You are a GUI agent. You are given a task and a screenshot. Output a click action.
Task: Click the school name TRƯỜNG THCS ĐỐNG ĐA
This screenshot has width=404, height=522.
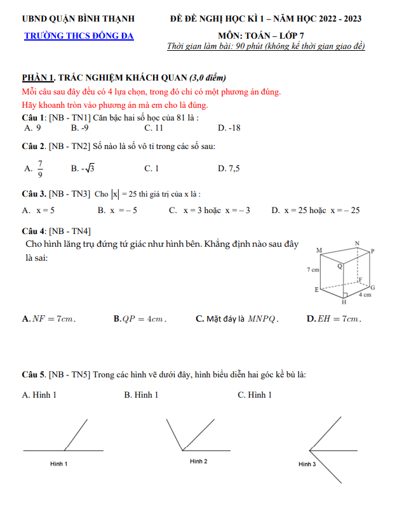[x=79, y=36]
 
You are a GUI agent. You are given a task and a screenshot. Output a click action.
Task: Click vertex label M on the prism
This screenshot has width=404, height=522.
[x=318, y=251]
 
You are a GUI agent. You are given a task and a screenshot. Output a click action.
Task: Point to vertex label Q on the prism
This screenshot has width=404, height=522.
[x=339, y=267]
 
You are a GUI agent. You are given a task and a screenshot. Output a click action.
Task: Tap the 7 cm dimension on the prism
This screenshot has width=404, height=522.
[x=313, y=270]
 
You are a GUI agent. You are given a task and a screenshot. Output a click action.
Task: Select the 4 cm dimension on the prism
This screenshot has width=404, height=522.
[x=365, y=295]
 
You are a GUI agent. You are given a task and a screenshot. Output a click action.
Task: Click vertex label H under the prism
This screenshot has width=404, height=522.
[x=344, y=303]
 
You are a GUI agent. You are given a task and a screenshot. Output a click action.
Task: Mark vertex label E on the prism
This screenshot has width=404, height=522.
[x=316, y=290]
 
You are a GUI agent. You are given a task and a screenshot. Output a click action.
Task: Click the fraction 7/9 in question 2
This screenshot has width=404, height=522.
[x=39, y=169]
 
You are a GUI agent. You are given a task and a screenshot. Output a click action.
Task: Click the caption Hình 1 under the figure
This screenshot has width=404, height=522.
[x=59, y=464]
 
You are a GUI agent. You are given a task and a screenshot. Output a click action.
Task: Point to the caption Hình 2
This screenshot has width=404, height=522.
[x=198, y=461]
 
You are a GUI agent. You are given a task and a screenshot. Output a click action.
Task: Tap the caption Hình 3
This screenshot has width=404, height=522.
[x=307, y=464]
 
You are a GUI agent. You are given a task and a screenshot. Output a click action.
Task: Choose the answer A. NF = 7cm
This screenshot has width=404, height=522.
[x=49, y=319]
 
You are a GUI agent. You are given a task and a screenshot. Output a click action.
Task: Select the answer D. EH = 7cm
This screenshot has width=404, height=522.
[x=334, y=319]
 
